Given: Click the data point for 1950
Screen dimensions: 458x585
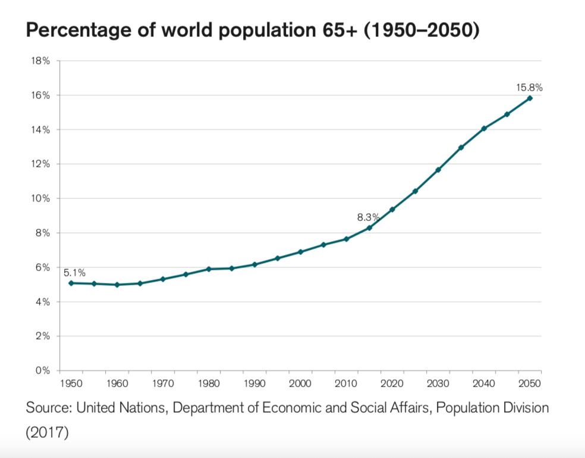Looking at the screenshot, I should coord(71,283).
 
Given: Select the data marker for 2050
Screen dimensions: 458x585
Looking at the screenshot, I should coord(530,98).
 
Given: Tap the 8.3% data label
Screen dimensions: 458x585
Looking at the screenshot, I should coord(368,217).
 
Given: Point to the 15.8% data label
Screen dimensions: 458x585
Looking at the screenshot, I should coord(529,88).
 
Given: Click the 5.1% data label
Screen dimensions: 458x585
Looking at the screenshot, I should coord(75,273).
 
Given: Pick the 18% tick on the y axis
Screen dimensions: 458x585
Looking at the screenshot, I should coord(42,61).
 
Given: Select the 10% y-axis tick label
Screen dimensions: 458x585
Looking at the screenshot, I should coord(42,198).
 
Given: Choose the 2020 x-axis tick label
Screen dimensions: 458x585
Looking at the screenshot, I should coord(392,383).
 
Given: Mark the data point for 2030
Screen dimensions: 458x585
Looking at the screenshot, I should coord(438,170).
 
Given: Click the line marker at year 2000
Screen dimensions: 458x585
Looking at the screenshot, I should coord(300,252).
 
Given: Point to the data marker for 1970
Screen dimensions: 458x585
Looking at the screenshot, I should coord(163,279).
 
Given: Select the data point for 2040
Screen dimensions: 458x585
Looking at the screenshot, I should coord(484,128).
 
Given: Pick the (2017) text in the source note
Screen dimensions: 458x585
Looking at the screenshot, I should coord(48,432).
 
